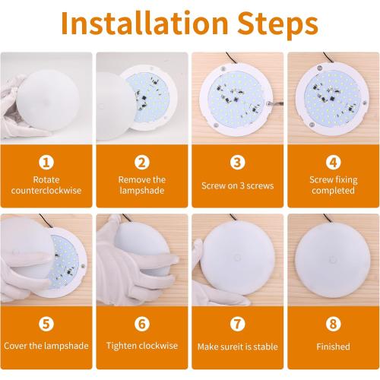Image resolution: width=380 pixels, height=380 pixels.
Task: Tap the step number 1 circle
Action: [46, 162]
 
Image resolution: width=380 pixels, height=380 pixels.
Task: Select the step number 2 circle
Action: [141, 162]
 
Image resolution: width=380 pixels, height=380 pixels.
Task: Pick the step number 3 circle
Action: [237, 162]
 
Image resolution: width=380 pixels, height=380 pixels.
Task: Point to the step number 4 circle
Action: [332, 162]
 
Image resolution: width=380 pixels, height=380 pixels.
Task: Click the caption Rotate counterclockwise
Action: [46, 185]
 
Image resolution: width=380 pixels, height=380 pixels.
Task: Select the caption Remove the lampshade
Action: [141, 185]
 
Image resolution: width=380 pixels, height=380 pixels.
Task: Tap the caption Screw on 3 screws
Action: [237, 185]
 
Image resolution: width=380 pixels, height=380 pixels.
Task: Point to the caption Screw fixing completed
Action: [332, 185]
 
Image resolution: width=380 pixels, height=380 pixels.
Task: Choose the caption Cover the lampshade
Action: [46, 347]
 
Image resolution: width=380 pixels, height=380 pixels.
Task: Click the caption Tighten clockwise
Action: [141, 347]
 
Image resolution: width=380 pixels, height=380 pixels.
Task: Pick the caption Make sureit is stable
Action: [237, 347]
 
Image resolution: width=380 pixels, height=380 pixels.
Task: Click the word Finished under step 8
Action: [332, 347]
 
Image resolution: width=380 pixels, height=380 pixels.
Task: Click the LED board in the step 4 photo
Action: [332, 99]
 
